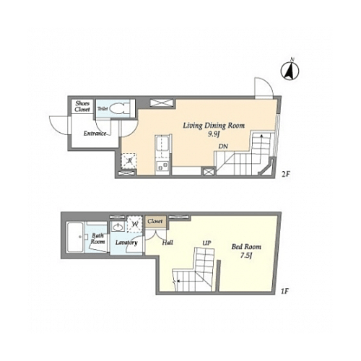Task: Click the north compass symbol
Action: [x=290, y=71]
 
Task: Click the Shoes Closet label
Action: [x=82, y=106]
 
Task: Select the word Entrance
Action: [x=95, y=134]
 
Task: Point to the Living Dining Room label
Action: [x=214, y=126]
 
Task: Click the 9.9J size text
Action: [x=214, y=134]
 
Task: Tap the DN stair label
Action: [x=223, y=146]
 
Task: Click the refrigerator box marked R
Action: [x=129, y=161]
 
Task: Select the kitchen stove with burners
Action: [x=162, y=166]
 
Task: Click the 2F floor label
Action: [x=285, y=175]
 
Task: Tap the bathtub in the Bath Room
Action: [x=75, y=238]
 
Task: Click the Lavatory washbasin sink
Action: [x=118, y=227]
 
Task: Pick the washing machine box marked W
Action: [x=136, y=224]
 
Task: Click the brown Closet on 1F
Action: [x=155, y=221]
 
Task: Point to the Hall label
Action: [x=168, y=243]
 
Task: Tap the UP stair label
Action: [x=206, y=243]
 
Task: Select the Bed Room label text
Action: [x=246, y=247]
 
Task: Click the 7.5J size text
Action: [x=246, y=256]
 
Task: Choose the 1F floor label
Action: [x=284, y=292]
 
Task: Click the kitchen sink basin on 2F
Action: [x=162, y=147]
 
